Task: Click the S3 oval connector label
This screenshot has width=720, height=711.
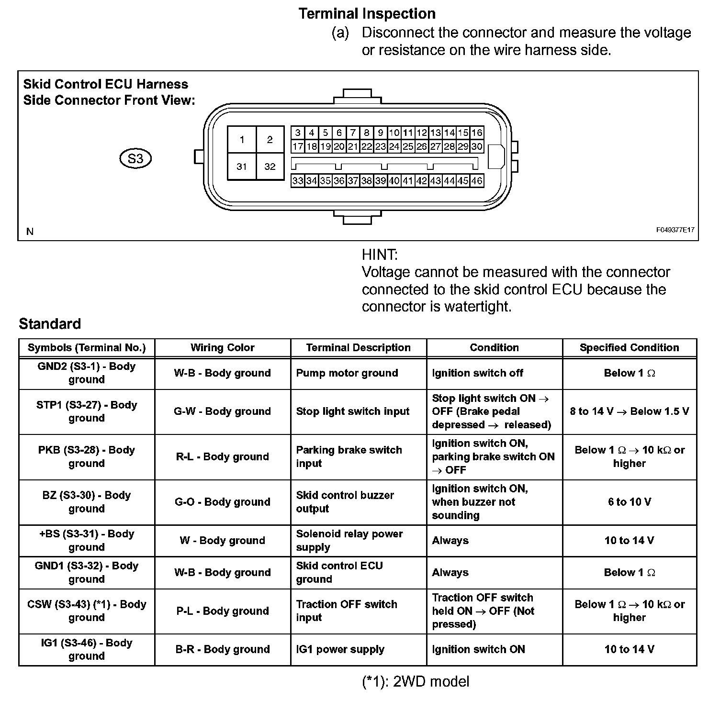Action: click(135, 158)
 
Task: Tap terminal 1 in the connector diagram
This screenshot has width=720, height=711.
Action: click(242, 140)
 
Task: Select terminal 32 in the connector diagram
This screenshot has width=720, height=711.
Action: click(270, 167)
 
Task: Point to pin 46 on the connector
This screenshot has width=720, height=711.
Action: click(477, 181)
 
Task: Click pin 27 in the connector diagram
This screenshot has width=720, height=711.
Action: click(435, 146)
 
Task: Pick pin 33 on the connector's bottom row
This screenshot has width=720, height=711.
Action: click(298, 181)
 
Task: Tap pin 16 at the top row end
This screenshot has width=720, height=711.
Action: click(477, 133)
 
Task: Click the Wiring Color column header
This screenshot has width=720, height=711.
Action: click(223, 348)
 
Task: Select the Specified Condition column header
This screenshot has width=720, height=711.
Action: click(629, 348)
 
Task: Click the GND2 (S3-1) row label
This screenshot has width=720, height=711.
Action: click(87, 373)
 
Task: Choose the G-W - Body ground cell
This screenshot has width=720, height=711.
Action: click(223, 411)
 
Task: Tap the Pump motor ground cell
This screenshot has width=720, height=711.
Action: click(347, 373)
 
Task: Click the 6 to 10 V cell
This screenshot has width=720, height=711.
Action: click(629, 502)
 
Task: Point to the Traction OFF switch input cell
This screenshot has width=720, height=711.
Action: click(347, 611)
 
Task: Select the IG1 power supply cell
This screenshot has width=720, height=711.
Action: click(340, 649)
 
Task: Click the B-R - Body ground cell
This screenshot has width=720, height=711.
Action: click(223, 649)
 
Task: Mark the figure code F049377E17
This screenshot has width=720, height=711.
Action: click(675, 230)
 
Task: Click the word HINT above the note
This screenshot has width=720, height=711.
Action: click(380, 255)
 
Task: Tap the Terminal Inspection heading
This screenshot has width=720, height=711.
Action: click(367, 14)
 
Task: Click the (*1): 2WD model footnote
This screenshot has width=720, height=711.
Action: click(416, 681)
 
